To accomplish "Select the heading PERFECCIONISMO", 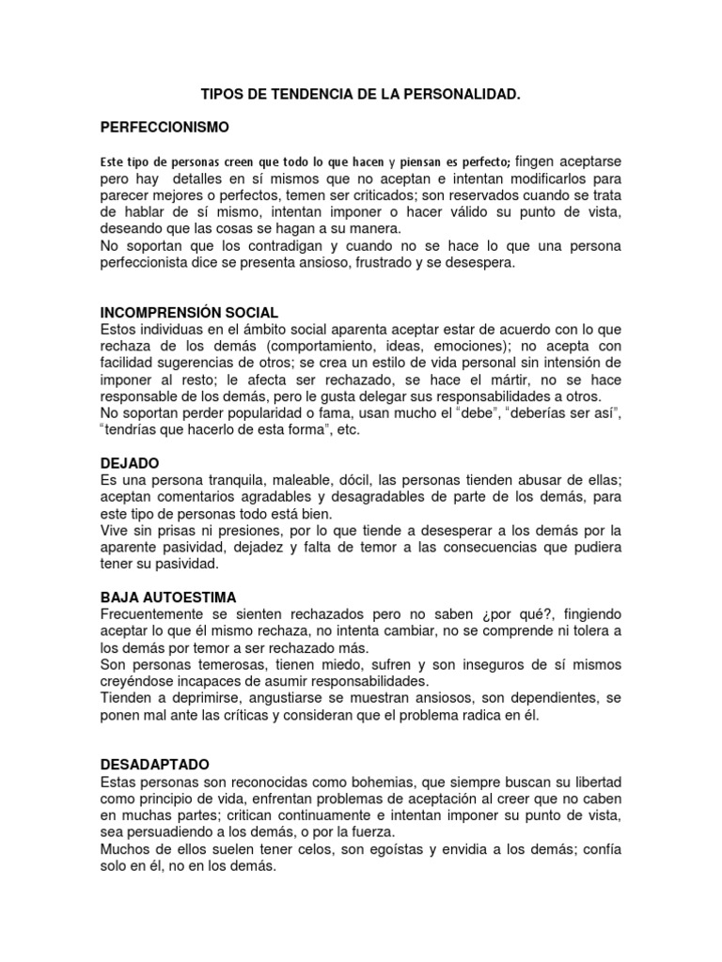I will click(x=165, y=126).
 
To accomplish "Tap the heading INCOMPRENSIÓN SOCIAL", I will click(x=189, y=313).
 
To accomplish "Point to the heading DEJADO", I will click(x=130, y=463).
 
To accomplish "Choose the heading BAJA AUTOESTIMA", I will click(x=168, y=597).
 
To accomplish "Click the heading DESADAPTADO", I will click(x=155, y=765).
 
